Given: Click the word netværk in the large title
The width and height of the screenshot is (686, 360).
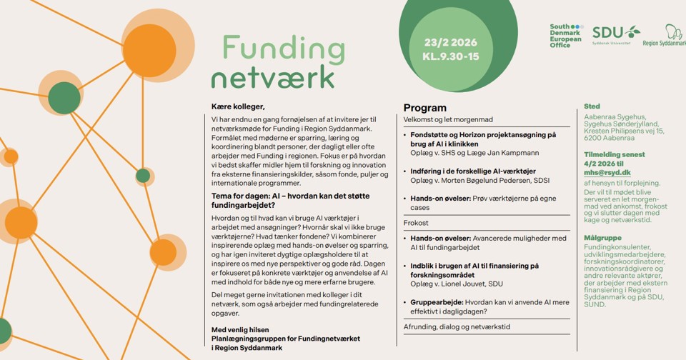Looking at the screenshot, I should pyautogui.click(x=272, y=76).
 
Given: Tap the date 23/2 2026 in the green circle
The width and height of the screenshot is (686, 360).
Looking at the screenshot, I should pyautogui.click(x=449, y=42).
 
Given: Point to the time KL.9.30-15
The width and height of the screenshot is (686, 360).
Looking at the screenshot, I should pyautogui.click(x=450, y=56).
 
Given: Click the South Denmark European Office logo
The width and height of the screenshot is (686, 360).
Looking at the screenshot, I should pyautogui.click(x=565, y=36).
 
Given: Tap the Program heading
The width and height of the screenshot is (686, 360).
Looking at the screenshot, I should pyautogui.click(x=424, y=108).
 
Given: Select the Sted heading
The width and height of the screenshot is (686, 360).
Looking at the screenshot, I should pyautogui.click(x=592, y=106).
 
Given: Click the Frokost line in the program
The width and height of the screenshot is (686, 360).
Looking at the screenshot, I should pyautogui.click(x=417, y=223).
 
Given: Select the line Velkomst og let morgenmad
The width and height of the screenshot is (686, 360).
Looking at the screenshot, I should pyautogui.click(x=448, y=119).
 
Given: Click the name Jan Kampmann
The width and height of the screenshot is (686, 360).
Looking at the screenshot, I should pyautogui.click(x=516, y=153).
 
